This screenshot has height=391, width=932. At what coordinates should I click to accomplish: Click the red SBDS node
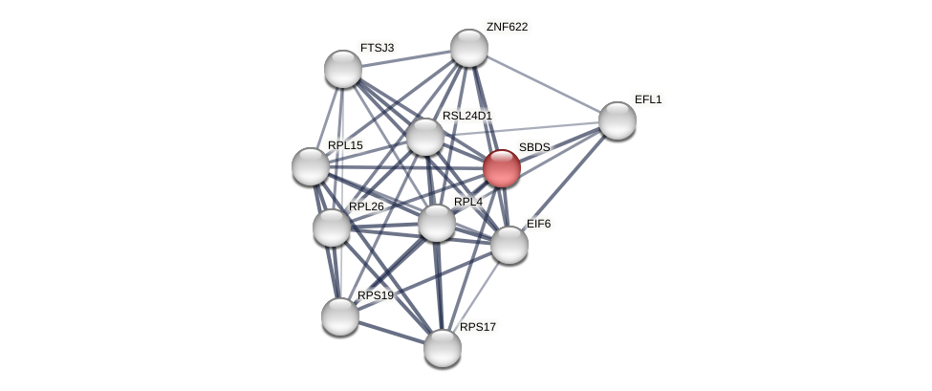(502, 168)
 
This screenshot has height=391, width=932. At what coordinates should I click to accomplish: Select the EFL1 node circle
(618, 120)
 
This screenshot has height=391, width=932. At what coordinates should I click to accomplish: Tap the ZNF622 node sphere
(469, 48)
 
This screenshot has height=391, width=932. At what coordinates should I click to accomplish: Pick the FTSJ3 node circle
(343, 69)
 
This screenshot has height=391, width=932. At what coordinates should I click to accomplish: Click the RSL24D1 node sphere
(425, 137)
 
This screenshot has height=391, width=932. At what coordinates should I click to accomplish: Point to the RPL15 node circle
(311, 166)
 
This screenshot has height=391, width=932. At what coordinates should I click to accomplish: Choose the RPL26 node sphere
(332, 228)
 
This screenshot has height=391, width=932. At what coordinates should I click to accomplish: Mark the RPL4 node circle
(437, 223)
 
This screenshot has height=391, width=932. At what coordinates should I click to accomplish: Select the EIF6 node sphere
(509, 245)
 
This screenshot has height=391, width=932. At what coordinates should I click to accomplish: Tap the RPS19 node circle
(340, 316)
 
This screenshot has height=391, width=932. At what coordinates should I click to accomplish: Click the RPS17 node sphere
(443, 348)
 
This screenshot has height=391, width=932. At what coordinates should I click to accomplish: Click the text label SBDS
(534, 147)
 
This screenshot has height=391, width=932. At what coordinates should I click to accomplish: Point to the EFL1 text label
(648, 99)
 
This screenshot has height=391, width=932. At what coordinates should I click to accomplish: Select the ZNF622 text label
(507, 27)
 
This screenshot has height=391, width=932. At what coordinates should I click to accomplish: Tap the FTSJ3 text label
(377, 48)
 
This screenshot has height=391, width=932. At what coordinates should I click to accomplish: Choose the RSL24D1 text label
(466, 116)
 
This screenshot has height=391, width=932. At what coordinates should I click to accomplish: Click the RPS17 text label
(478, 327)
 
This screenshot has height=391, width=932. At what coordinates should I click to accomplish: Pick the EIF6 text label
(539, 224)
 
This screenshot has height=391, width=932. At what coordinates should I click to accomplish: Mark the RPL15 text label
(345, 145)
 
